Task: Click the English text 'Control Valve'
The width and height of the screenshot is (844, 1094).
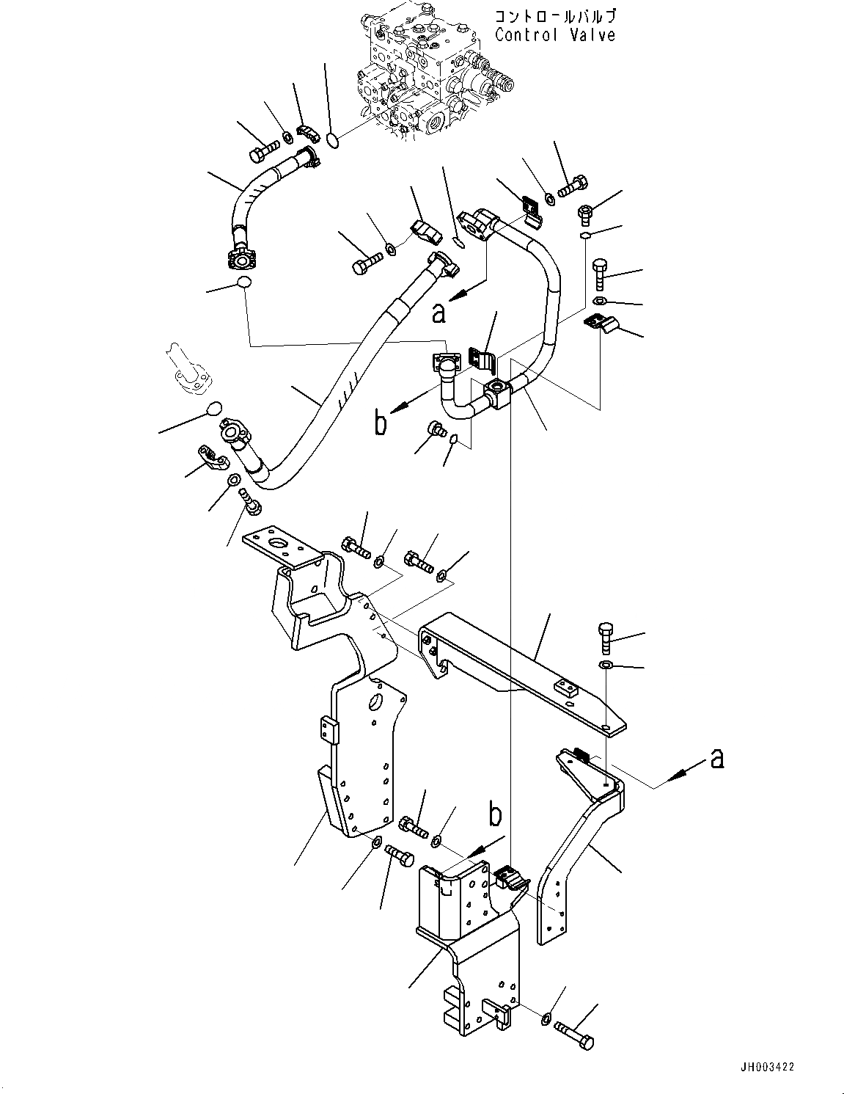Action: (x=554, y=34)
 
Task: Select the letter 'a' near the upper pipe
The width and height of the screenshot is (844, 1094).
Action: (x=438, y=313)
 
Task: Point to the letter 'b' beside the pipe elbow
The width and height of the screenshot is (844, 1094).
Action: (x=380, y=423)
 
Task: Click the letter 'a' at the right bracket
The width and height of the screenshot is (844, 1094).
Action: (x=717, y=759)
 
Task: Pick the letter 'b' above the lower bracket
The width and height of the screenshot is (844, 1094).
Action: (x=496, y=814)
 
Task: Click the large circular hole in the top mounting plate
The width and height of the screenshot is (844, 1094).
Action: (x=279, y=544)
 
